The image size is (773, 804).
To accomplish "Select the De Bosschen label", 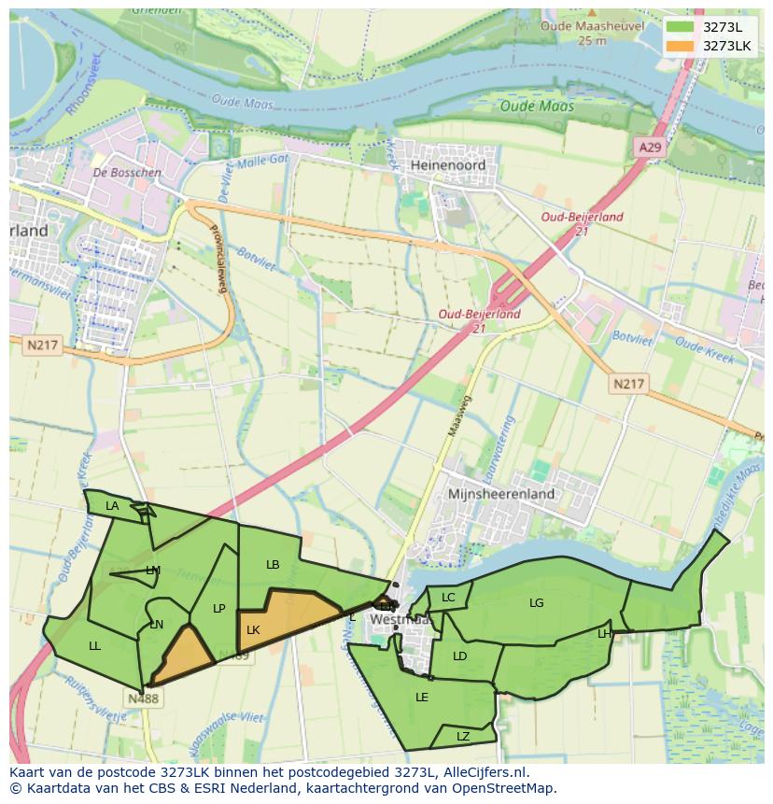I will [x=127, y=173].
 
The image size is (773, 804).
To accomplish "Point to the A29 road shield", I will [x=650, y=148].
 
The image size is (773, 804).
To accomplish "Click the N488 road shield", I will [x=143, y=698].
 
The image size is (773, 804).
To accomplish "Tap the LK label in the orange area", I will [x=253, y=630].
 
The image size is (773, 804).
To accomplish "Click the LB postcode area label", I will [x=273, y=565].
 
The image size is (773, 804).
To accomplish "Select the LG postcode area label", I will [x=536, y=603].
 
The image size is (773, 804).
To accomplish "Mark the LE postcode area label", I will [x=422, y=697].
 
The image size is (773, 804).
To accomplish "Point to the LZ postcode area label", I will [x=463, y=737].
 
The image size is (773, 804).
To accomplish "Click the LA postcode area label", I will [x=112, y=506].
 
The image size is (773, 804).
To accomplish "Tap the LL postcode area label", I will [x=94, y=645].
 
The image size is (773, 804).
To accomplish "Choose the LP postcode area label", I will [x=218, y=609].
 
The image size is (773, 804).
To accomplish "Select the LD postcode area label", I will [x=459, y=656].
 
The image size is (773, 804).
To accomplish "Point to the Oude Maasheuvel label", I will [x=592, y=26].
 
